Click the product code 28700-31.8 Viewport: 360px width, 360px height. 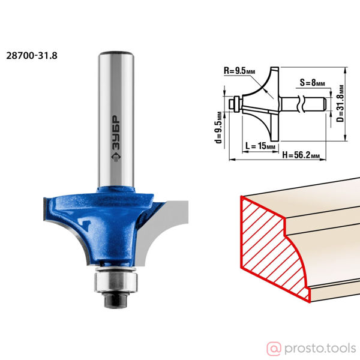[32, 56]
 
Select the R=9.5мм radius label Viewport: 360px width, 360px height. [239, 71]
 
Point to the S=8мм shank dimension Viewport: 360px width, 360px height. [312, 82]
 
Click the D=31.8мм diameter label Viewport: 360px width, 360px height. [341, 103]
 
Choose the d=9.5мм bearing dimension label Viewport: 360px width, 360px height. [219, 127]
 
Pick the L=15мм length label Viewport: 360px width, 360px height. [260, 146]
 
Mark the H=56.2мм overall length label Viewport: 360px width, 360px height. [301, 155]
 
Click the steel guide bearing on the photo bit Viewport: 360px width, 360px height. [116, 281]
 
